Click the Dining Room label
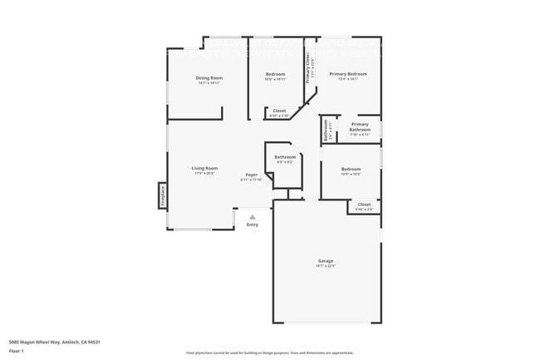point(209,78)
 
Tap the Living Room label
point(205,168)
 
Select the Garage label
point(326,261)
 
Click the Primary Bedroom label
point(348,74)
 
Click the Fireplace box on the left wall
point(163,196)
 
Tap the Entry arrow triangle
point(253,217)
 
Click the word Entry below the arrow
point(253,224)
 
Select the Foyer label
point(251,175)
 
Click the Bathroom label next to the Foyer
point(285,156)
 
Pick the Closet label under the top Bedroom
point(280,111)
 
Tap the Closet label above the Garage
point(364,204)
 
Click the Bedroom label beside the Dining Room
point(276,74)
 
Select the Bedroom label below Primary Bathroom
point(351,169)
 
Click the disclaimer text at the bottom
point(269,353)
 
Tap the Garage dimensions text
point(326,266)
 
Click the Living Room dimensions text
point(205,173)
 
